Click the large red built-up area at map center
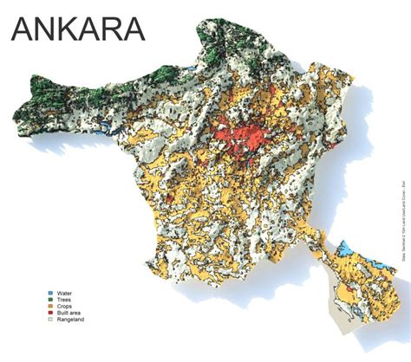[251, 139]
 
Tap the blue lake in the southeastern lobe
[345, 249]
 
